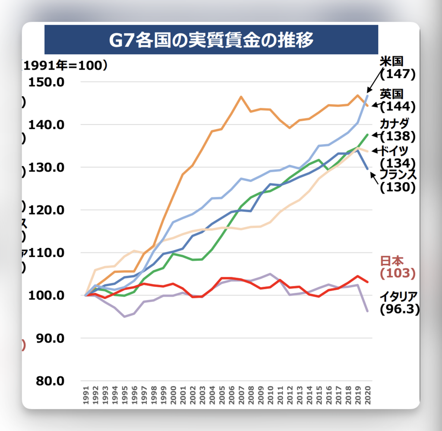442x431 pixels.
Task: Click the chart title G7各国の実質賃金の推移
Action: [211, 40]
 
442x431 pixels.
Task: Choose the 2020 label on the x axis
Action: [368, 396]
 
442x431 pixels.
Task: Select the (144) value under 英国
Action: [397, 106]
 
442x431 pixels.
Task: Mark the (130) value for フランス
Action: [397, 187]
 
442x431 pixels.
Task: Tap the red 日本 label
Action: [391, 261]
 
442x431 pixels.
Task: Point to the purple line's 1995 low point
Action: [125, 317]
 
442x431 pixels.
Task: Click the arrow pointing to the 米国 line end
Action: [375, 81]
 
